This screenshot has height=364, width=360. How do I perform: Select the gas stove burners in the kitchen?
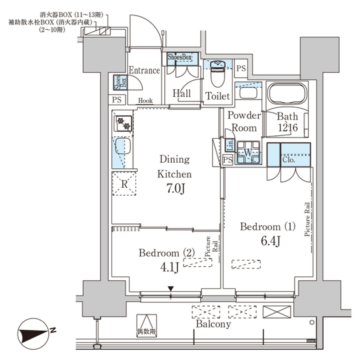[123, 124]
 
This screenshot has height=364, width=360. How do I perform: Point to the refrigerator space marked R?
[124, 184]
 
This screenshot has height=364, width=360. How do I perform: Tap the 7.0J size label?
[175, 189]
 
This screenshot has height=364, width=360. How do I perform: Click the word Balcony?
[213, 324]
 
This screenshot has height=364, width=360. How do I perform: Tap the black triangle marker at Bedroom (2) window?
[171, 288]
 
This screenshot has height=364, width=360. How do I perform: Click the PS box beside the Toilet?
[241, 68]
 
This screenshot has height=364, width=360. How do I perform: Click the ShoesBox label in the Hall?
[180, 57]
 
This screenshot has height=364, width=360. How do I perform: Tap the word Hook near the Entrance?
[145, 100]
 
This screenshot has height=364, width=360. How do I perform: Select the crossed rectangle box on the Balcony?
[277, 312]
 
